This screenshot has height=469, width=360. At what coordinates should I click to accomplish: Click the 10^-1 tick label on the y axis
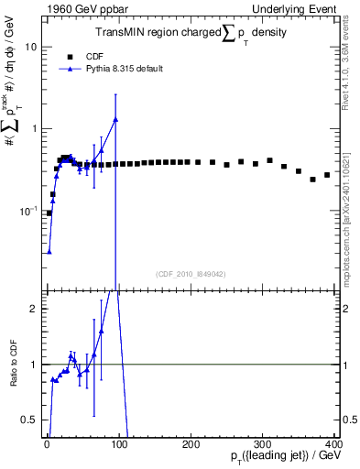point(27,210)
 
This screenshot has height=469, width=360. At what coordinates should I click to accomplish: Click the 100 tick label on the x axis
point(118,443)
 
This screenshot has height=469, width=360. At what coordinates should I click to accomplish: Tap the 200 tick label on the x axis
point(191,443)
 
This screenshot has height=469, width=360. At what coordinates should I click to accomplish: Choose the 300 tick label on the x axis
point(263,443)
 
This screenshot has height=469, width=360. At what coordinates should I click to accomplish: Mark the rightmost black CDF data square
point(327,175)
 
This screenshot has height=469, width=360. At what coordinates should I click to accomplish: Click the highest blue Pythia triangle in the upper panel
point(115,120)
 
